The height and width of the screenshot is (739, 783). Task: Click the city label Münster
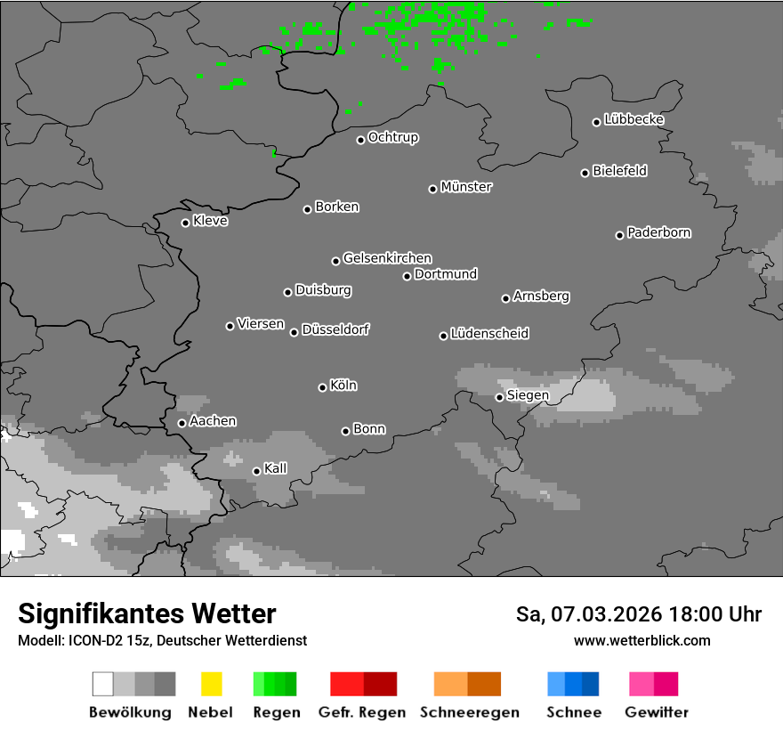point(466,187)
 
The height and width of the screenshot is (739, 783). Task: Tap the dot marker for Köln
point(322,387)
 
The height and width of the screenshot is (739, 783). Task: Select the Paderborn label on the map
point(658,232)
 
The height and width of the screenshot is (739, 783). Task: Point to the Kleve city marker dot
point(185,223)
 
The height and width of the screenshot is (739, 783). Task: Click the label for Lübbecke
point(634,119)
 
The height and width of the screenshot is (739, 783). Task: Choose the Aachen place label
point(213,421)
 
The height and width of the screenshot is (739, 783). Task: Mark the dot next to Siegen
point(499,397)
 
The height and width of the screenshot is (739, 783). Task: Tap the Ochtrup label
point(392,137)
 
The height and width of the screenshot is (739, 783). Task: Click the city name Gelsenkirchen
point(387,258)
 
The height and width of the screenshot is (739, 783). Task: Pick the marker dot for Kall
point(256,471)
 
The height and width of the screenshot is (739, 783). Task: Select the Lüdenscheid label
point(489,333)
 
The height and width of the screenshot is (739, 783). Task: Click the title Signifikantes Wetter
point(147,613)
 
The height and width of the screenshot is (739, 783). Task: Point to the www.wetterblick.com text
point(642,640)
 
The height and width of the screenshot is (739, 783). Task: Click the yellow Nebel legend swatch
point(211,684)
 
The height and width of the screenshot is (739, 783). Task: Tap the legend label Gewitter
point(656,712)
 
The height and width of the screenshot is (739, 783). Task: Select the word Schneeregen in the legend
point(467,712)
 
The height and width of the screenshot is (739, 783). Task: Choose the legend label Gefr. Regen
point(362,712)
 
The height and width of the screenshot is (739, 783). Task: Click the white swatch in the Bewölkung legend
point(102,684)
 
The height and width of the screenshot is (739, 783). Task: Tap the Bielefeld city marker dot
point(585,173)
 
